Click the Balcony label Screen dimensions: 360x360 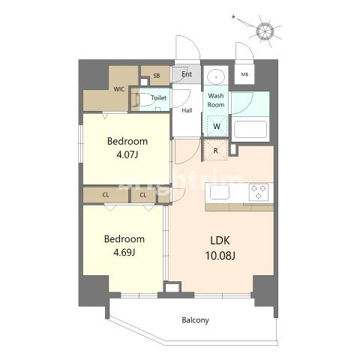[x=195, y=320]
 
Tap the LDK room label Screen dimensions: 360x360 [x=220, y=241]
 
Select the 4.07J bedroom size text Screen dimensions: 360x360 [x=127, y=155]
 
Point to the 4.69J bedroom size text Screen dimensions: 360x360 [x=124, y=253]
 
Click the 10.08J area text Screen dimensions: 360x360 [x=220, y=256]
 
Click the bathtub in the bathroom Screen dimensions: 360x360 [x=250, y=129]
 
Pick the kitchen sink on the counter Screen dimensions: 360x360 [x=220, y=192]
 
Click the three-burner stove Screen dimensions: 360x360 [x=259, y=192]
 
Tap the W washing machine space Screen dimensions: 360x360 [x=217, y=126]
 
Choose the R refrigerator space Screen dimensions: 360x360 [x=215, y=150]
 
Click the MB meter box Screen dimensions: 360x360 [x=244, y=74]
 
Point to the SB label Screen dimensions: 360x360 [x=157, y=76]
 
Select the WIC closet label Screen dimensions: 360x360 [x=119, y=89]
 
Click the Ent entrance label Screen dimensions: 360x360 [x=187, y=74]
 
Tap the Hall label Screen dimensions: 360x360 [x=187, y=110]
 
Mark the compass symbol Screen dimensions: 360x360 [x=264, y=31]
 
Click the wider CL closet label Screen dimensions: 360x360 [x=106, y=195]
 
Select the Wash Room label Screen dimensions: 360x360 [x=216, y=100]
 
